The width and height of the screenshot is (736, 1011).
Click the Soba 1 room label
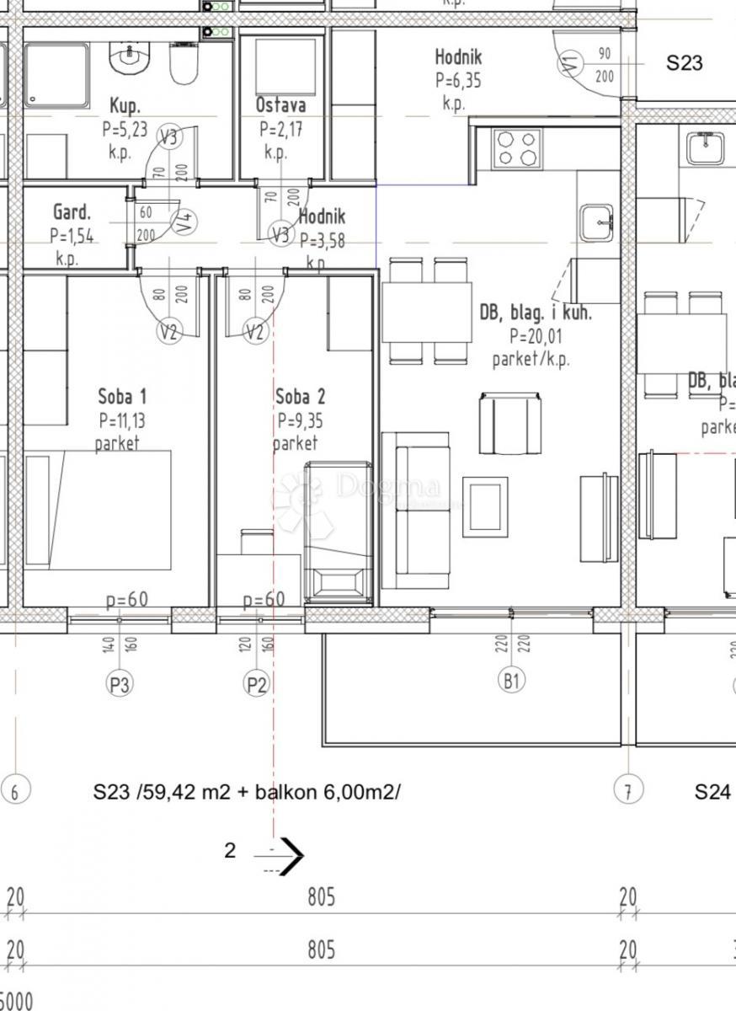pyautogui.click(x=121, y=396)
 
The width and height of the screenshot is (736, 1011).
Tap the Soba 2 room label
pyautogui.click(x=300, y=396)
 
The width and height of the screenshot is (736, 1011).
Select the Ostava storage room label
pyautogui.click(x=280, y=105)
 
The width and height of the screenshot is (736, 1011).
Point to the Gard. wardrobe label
pyautogui.click(x=72, y=211)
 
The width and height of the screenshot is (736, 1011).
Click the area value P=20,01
pyautogui.click(x=536, y=335)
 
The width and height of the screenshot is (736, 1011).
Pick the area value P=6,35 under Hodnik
pyautogui.click(x=458, y=81)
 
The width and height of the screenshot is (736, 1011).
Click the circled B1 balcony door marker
pyautogui.click(x=511, y=680)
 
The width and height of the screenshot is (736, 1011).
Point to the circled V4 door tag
pyautogui.click(x=184, y=222)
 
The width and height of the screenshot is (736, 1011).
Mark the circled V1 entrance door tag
pyautogui.click(x=570, y=62)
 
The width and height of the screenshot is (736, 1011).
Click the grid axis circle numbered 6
pyautogui.click(x=15, y=791)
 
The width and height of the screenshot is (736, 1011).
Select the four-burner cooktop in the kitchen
pyautogui.click(x=517, y=148)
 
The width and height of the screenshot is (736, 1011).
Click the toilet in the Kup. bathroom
pyautogui.click(x=183, y=64)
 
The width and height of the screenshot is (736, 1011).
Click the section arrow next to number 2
pyautogui.click(x=291, y=855)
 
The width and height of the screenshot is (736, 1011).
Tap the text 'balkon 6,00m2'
pyautogui.click(x=340, y=792)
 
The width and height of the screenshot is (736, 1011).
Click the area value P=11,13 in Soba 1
pyautogui.click(x=122, y=420)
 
